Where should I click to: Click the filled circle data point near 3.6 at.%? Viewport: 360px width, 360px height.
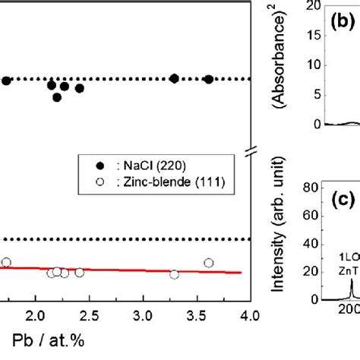209,79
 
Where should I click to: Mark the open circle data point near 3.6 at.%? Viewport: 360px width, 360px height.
209,263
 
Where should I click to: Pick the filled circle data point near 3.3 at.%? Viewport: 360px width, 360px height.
174,78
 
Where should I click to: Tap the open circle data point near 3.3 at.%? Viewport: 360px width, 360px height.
174,274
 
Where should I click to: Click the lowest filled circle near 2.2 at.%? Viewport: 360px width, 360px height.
57,96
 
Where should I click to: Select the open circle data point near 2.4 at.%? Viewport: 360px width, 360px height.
79,272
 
